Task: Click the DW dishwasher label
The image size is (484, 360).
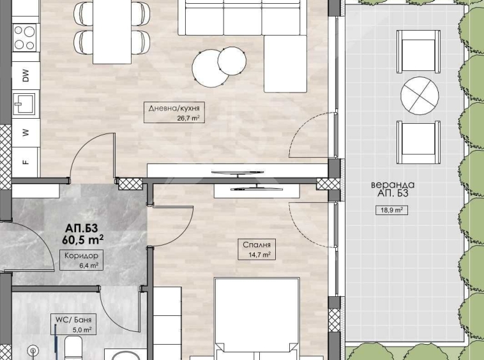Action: [x=26, y=77]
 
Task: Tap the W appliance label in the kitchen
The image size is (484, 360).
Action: [x=26, y=133]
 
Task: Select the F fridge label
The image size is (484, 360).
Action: [x=26, y=162]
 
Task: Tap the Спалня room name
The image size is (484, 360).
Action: [x=257, y=244]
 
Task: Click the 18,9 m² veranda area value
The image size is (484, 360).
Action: [x=391, y=210]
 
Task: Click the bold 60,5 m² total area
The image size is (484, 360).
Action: [x=84, y=240]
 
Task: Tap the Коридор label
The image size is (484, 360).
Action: [x=77, y=255]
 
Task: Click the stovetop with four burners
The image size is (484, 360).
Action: [x=26, y=37]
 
